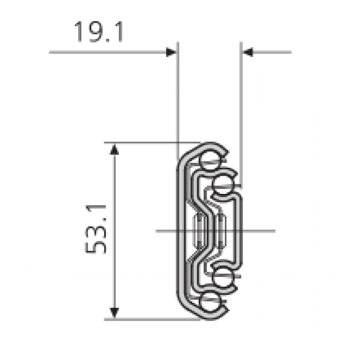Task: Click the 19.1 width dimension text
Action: (99, 33)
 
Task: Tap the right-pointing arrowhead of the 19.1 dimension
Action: (171, 52)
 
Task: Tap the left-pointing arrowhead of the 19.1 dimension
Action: (248, 52)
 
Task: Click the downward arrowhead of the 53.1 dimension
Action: (114, 312)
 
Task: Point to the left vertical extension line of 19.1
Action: (177, 100)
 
